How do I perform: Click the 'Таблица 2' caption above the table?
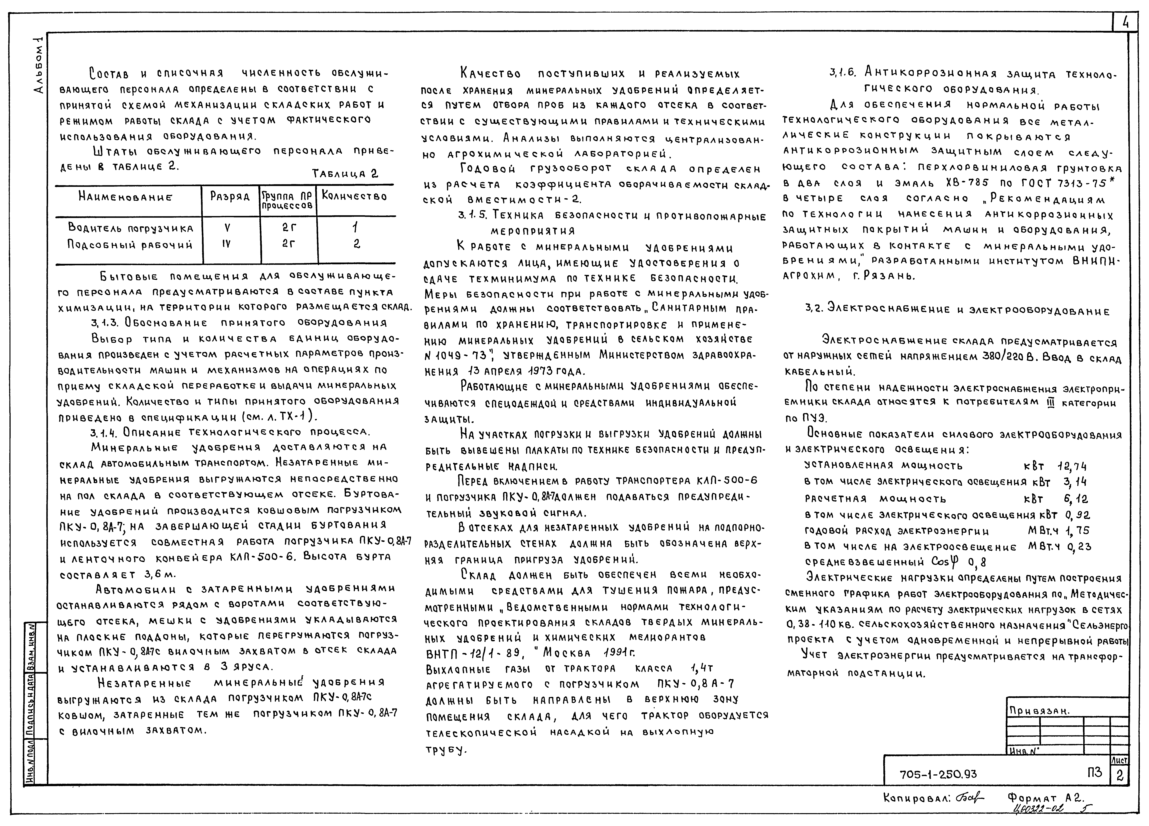pos(346,174)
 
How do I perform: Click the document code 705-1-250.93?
pos(938,774)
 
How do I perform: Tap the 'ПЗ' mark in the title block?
pos(1094,772)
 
